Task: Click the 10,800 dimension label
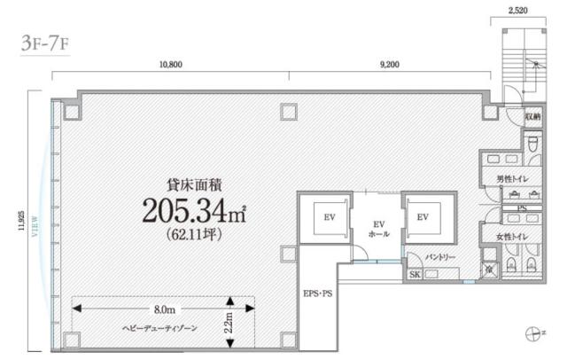170,65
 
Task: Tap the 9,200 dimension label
388,65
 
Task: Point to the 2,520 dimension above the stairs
518,12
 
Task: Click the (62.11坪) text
193,235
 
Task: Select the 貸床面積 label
193,184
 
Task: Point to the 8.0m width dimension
161,309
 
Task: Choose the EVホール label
377,228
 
